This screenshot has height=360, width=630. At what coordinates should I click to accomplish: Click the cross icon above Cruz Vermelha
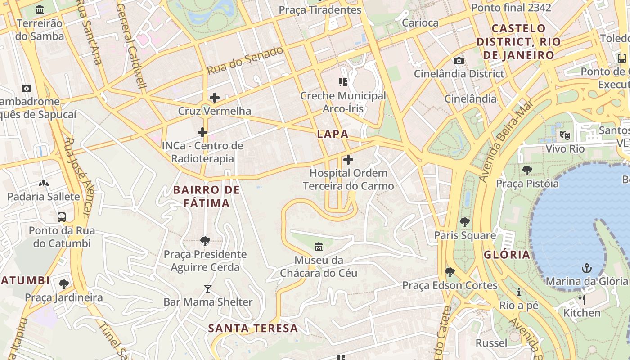[x=215, y=97]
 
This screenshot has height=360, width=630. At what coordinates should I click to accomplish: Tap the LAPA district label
[x=333, y=134]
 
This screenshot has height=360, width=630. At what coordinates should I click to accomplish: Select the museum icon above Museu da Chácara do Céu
[x=319, y=247]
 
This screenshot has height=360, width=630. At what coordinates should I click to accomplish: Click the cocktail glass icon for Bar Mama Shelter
[x=207, y=288]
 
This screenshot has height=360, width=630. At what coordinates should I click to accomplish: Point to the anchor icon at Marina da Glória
[x=587, y=269]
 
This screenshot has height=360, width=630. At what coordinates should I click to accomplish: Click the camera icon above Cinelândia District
[x=459, y=61]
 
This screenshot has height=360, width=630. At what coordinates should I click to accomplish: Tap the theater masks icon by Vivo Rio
[x=565, y=135]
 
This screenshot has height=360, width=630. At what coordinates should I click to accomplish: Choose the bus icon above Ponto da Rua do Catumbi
[x=62, y=217]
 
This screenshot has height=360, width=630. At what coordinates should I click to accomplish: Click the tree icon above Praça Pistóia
[x=527, y=171]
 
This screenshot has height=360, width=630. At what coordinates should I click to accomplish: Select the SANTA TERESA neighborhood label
[x=253, y=328]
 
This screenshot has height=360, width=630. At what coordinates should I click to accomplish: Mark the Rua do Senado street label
[x=245, y=61]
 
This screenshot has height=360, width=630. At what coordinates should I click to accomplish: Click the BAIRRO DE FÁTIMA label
[x=207, y=197]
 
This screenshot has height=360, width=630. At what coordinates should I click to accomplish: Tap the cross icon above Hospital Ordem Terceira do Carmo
[x=348, y=160]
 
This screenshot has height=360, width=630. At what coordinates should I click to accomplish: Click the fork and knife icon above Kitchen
[x=582, y=300]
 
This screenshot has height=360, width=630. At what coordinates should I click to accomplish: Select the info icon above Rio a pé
[x=518, y=292]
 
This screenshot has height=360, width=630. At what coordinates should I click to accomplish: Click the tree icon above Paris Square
[x=464, y=222]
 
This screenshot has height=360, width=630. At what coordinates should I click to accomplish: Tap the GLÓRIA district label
[x=507, y=255]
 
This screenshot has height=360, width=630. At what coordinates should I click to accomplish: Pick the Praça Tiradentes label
[x=320, y=10]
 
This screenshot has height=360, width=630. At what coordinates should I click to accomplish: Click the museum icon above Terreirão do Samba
[x=40, y=9]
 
